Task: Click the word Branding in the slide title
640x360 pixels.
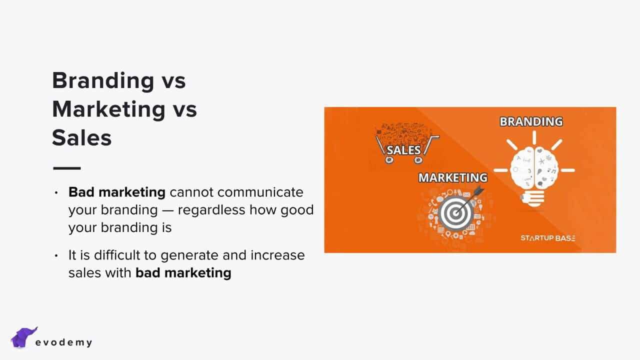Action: pos(103,80)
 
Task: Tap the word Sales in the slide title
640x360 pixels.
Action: pos(81,137)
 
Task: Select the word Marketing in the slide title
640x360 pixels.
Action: pos(109,109)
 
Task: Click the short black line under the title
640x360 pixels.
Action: pos(67,168)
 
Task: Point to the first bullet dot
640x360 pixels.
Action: pos(56,193)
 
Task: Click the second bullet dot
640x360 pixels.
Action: pos(56,255)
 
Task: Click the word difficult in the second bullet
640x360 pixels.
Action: pos(117,255)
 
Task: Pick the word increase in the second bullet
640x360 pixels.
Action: pos(277,255)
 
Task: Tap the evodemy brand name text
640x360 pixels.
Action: pos(63,342)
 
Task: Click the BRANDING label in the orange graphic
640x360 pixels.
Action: pos(531,121)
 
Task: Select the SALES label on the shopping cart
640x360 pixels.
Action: pos(403,150)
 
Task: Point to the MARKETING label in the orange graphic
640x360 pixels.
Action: pos(453,177)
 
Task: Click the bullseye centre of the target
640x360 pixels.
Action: pos(455,213)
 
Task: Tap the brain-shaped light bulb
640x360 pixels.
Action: pos(533,171)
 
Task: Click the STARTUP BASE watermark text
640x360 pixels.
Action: pos(548,238)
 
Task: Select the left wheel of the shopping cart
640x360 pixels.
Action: pos(389,160)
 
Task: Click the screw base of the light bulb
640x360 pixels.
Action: pos(532,198)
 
